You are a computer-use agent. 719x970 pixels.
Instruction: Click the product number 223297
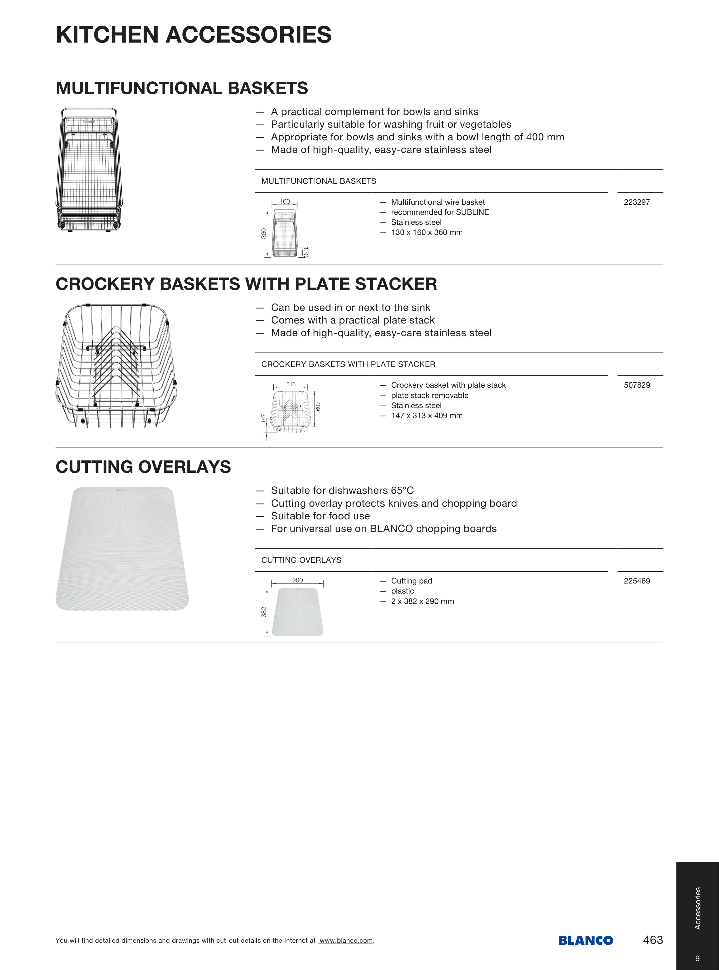(636, 202)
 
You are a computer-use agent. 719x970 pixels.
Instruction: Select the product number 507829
(636, 385)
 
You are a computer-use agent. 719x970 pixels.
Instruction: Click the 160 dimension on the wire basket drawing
(285, 201)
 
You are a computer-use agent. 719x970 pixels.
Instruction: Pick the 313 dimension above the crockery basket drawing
(291, 384)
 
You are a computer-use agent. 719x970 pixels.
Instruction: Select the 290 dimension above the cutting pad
(298, 580)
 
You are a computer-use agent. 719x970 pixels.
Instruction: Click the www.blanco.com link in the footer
(346, 940)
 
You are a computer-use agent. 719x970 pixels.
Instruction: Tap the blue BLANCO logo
(586, 940)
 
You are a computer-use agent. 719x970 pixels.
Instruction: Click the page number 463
(653, 940)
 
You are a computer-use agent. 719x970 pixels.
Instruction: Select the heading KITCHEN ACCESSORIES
(194, 35)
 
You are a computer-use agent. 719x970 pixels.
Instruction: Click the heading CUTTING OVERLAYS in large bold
(143, 467)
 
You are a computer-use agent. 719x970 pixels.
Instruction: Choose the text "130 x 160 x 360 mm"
(426, 232)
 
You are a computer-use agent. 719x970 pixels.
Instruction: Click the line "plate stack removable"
(430, 395)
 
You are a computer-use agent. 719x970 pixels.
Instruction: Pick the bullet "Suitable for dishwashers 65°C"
(342, 491)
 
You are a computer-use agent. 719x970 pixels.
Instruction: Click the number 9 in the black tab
(698, 958)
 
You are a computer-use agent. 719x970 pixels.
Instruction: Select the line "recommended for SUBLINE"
(440, 212)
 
